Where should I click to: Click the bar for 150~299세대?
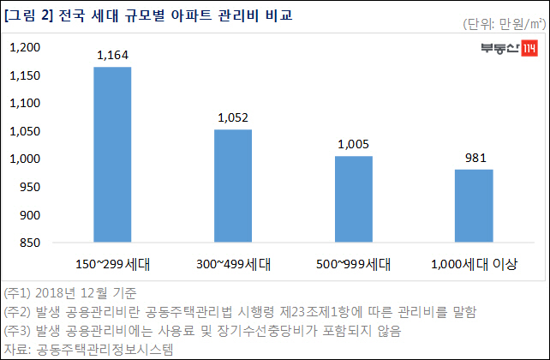click(111, 155)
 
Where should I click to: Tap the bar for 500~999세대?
click(353, 200)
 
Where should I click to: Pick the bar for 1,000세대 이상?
click(473, 207)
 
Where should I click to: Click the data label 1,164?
click(111, 56)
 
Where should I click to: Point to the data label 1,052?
click(232, 118)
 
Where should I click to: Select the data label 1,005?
click(353, 145)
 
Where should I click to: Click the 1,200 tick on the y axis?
click(26, 48)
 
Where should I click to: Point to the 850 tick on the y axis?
click(31, 243)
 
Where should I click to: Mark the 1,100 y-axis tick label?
click(26, 104)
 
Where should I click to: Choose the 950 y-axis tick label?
click(31, 188)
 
